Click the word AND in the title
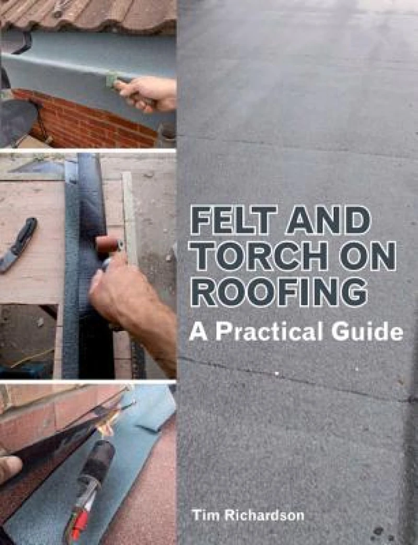pyautogui.click(x=327, y=221)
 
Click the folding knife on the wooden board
pyautogui.click(x=19, y=243)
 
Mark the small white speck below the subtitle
pyautogui.click(x=276, y=373)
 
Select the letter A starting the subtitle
pyautogui.click(x=198, y=333)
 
